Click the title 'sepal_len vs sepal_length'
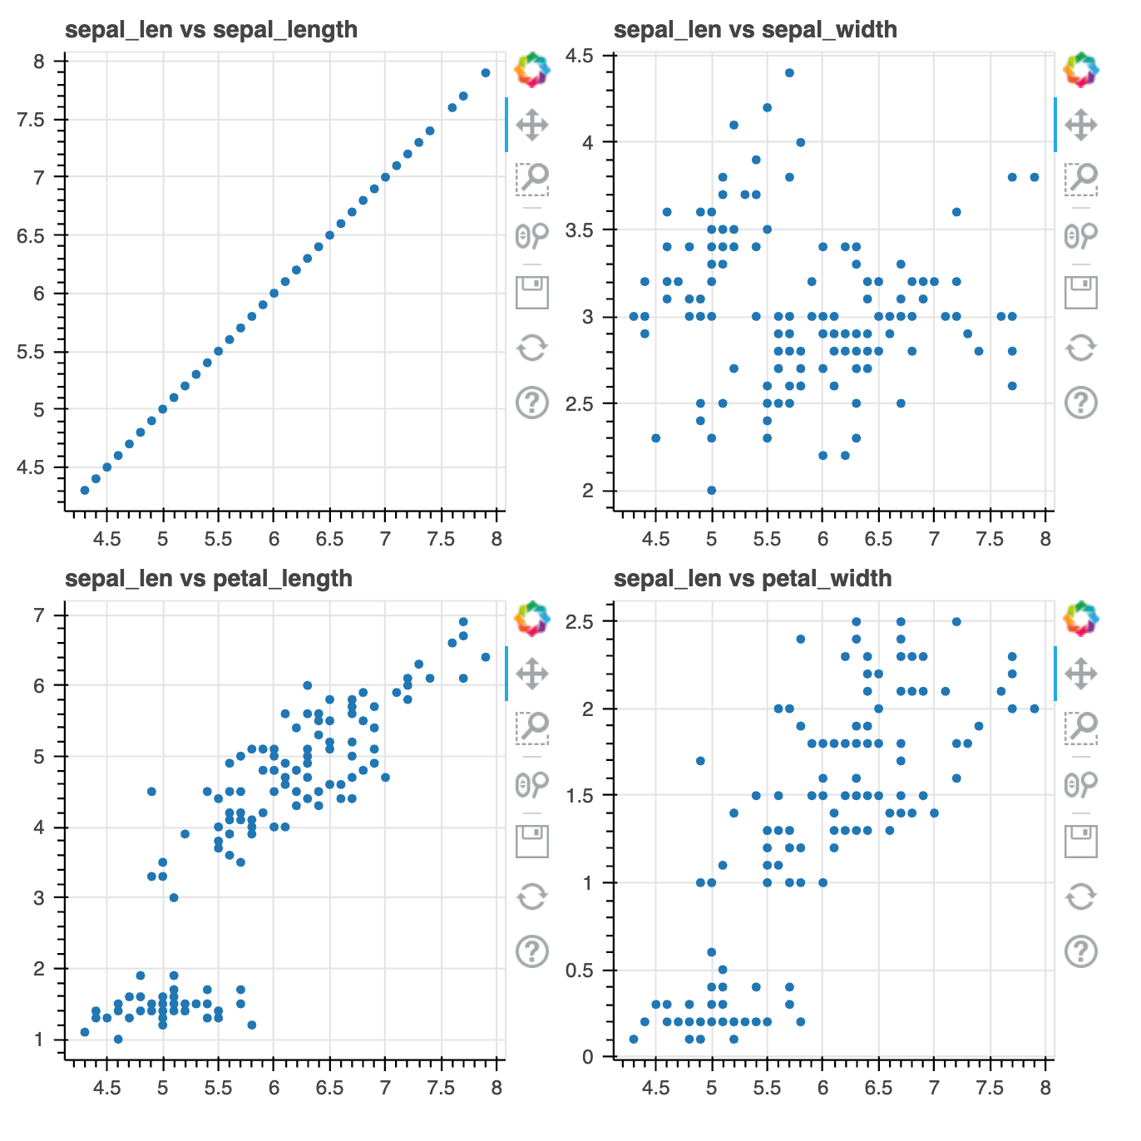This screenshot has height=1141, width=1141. pos(211,30)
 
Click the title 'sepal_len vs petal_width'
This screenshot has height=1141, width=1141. pos(753,579)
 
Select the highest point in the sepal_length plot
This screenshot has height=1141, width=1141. pos(486,73)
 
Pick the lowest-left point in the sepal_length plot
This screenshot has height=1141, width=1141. pos(85,490)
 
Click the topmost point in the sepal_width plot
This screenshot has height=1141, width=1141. pos(789,73)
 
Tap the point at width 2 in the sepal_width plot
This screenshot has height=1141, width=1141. pos(711,490)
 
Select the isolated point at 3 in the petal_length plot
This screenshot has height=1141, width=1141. pos(174,897)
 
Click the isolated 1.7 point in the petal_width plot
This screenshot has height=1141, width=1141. pos(700,761)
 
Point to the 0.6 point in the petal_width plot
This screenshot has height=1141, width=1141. pos(711,952)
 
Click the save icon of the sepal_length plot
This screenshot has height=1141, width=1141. pos(532,292)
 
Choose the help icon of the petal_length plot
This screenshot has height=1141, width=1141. pos(532,951)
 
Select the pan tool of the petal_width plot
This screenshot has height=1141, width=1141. pos(1080,674)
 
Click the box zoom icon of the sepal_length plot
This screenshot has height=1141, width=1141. pos(532,178)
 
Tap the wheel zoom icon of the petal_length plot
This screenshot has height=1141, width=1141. pos(532,784)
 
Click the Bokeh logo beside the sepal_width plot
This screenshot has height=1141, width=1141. pos(1080,70)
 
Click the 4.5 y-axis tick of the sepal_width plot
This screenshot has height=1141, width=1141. pos(579,56)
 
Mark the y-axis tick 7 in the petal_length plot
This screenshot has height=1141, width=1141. pos(38,615)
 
